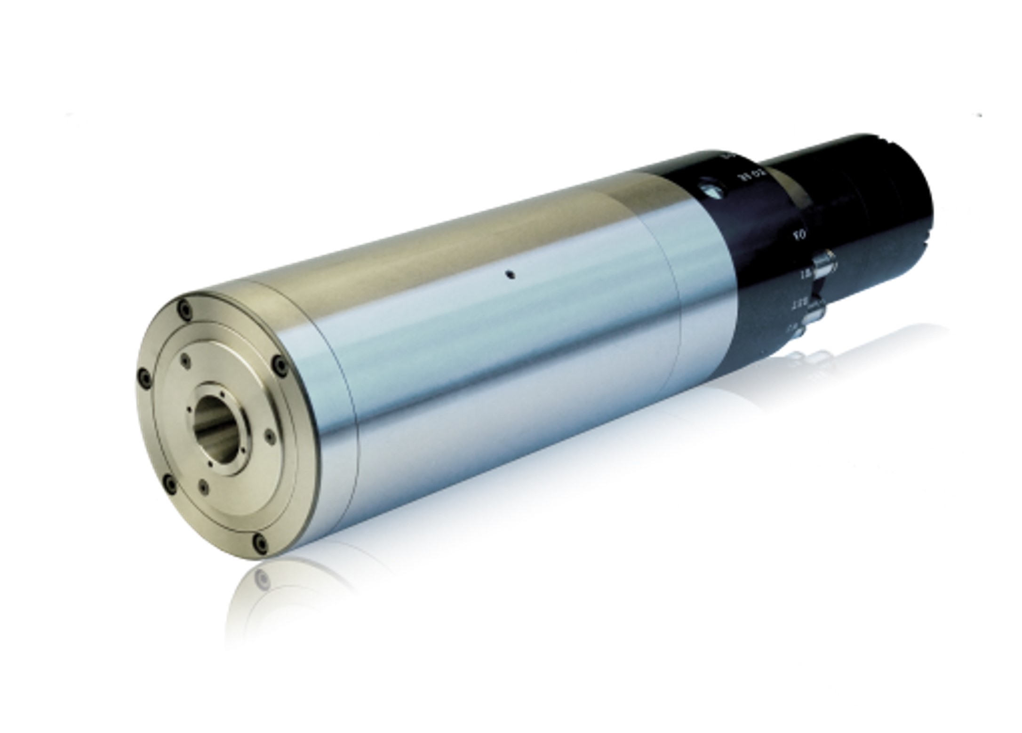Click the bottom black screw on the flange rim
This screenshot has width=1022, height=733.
click(x=259, y=544)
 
